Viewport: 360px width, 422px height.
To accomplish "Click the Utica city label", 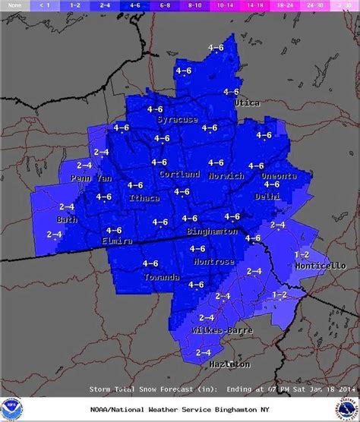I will [247, 102].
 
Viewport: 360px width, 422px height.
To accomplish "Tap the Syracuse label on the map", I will [176, 120].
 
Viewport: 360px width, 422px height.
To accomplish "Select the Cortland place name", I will [180, 174].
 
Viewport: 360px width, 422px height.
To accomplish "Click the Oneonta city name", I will [278, 176].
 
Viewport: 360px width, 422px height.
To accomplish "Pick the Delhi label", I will [267, 196].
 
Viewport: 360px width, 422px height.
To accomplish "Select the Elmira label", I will [118, 241].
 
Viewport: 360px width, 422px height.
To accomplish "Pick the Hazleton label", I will [229, 365].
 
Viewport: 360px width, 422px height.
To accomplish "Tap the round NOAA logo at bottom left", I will [12, 408].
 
